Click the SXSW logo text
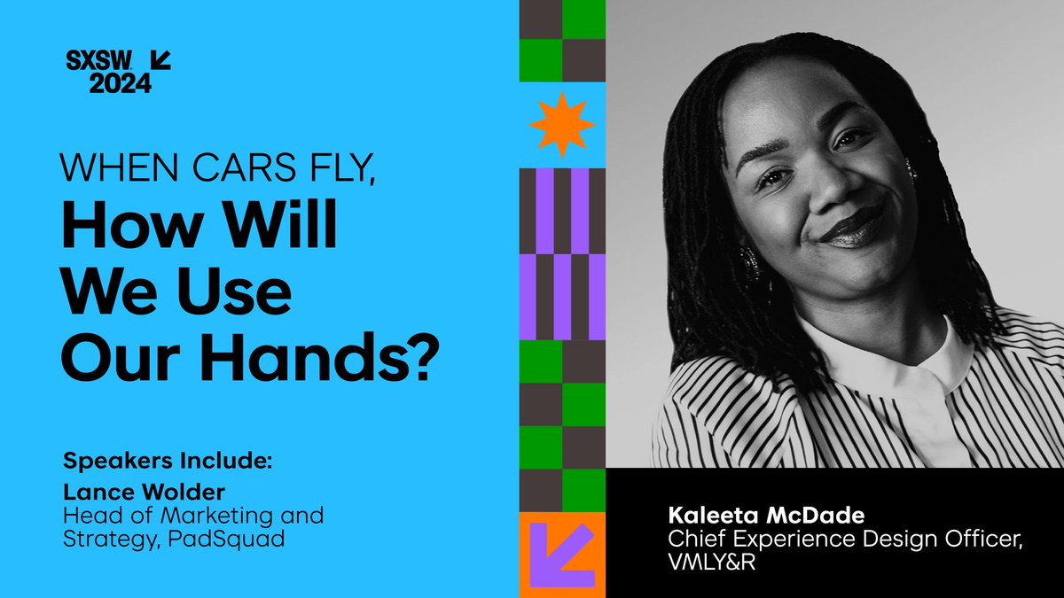tap(100, 60)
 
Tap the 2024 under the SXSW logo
tap(119, 82)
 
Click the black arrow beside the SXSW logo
tap(160, 60)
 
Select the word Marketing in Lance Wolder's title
tap(197, 514)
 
